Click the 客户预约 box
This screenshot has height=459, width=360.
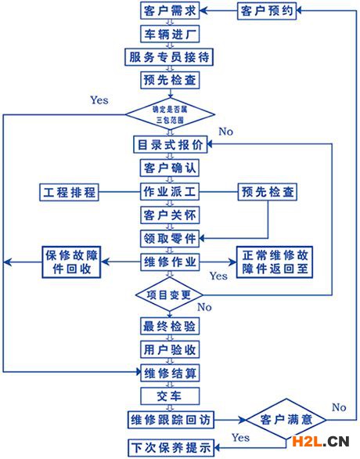tap(267, 11)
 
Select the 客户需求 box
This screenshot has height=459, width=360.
tap(170, 11)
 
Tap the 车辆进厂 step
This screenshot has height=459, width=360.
tap(170, 34)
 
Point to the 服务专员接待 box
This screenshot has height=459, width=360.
tap(169, 57)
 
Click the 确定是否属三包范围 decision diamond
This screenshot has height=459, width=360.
tap(170, 114)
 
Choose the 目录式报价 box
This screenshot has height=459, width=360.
tap(170, 144)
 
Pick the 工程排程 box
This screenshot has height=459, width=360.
tap(70, 193)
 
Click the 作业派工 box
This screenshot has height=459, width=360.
tap(170, 192)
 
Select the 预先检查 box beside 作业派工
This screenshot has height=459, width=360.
tap(268, 192)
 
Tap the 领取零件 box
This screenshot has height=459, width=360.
tap(170, 239)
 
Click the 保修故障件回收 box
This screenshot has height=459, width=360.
tap(72, 262)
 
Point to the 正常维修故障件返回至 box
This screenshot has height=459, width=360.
tap(275, 262)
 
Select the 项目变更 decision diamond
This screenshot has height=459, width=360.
tap(169, 295)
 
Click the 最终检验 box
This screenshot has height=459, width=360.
tap(170, 326)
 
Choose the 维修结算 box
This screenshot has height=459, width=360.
tap(170, 373)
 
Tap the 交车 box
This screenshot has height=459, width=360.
tap(170, 396)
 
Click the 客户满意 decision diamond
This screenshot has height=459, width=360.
tap(286, 420)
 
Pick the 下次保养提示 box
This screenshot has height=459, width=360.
tap(171, 447)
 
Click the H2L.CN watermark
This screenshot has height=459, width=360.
tap(321, 442)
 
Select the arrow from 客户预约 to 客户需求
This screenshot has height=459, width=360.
tap(218, 11)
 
